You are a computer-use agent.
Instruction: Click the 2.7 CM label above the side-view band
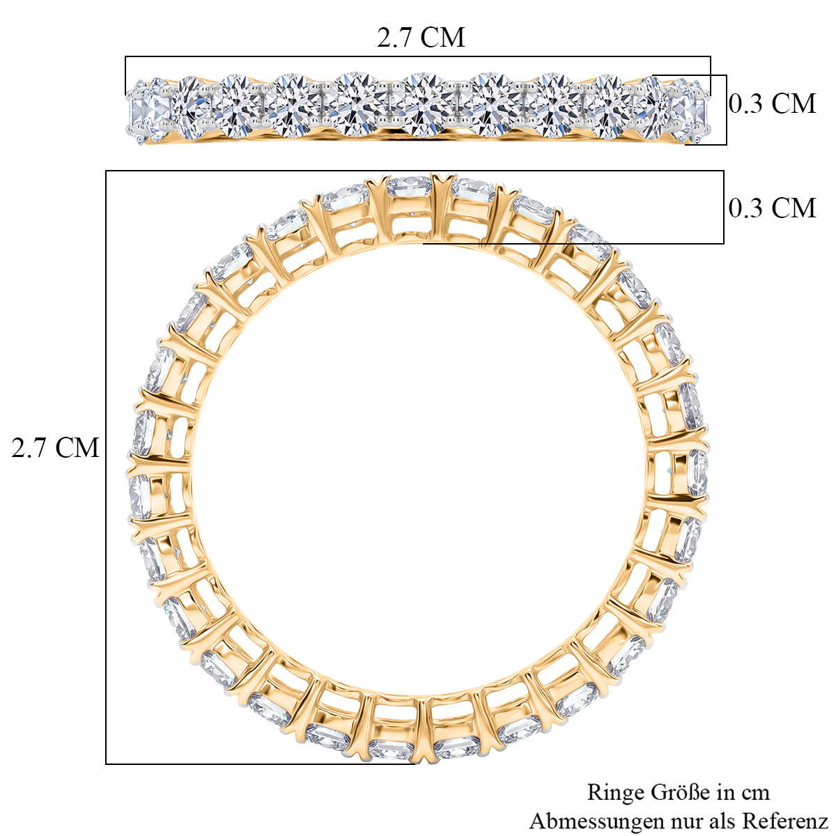pos(420,38)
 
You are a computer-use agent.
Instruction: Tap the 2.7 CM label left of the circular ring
pos(55,447)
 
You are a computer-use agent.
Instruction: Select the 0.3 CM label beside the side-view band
pos(772,104)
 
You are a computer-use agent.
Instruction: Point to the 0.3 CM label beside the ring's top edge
pos(772,208)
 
